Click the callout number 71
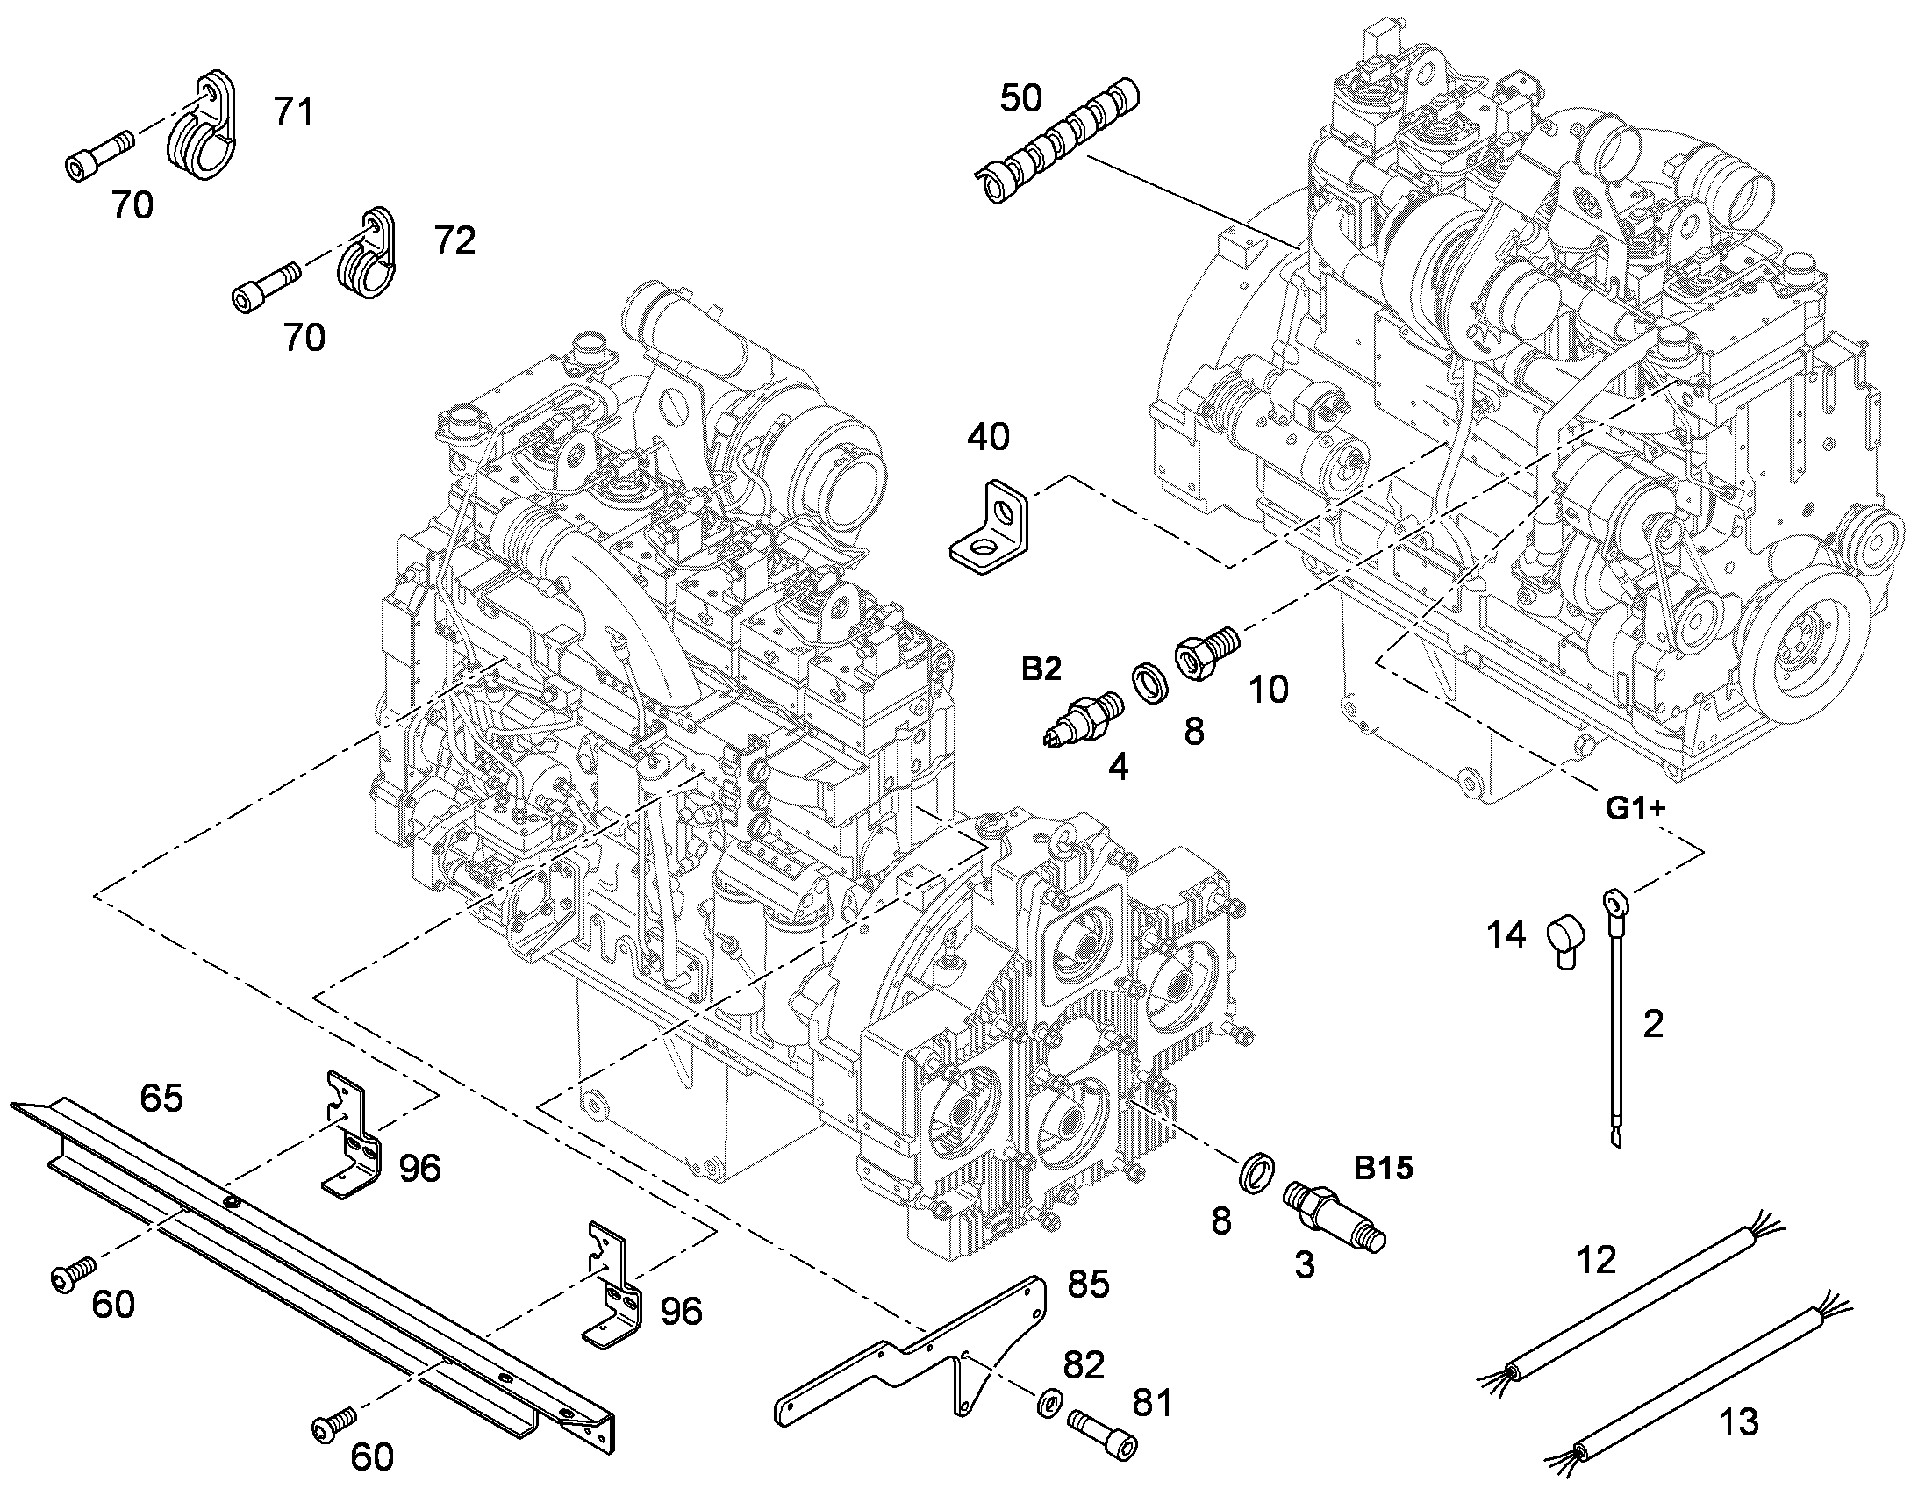pyautogui.click(x=293, y=112)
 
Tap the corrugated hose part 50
pyautogui.click(x=1058, y=140)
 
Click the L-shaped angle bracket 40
pyautogui.click(x=988, y=525)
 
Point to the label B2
pyautogui.click(x=1041, y=670)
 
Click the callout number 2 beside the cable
pyautogui.click(x=1654, y=1024)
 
